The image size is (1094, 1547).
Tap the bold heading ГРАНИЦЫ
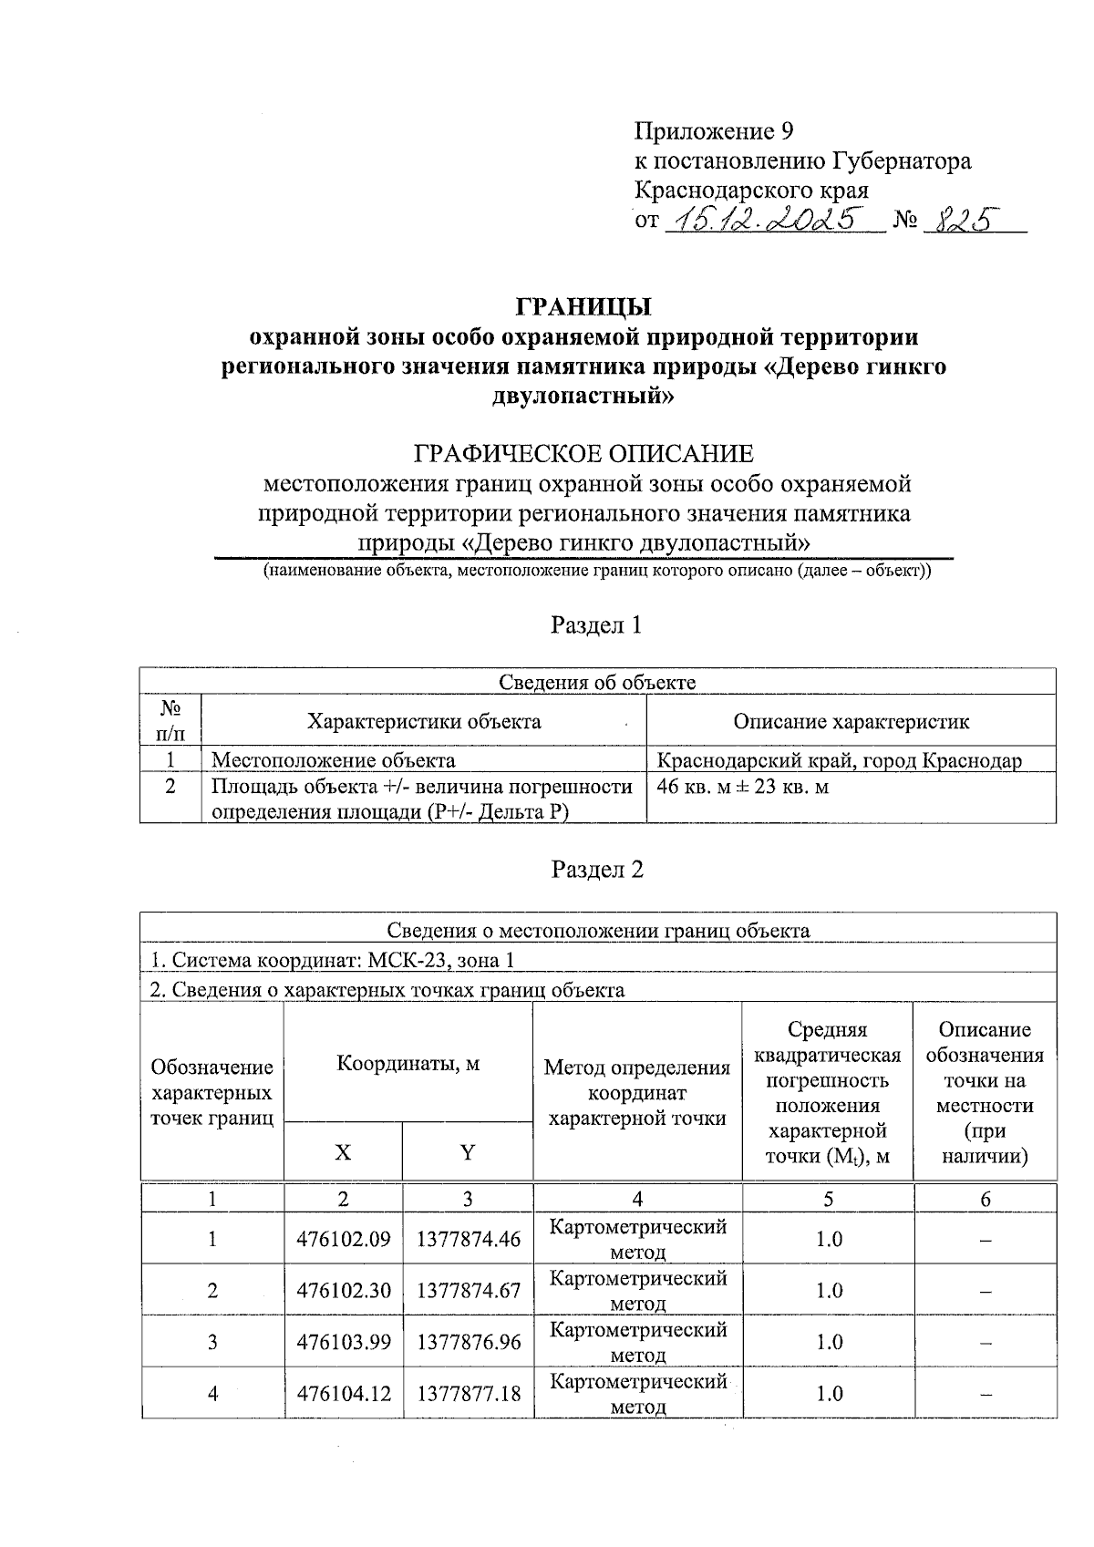584,305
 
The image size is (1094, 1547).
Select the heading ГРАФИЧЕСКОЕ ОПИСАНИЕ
584,453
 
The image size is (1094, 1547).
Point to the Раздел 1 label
597,625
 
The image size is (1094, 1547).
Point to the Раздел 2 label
597,870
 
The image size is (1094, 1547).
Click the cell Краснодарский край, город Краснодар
840,760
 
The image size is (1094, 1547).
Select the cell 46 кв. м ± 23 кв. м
743,787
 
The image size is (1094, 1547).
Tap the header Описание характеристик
851,722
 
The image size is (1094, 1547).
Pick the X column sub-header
343,1152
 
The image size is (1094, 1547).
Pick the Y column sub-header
468,1152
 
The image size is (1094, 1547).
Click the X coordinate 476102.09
343,1240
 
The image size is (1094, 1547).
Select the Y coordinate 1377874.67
468,1291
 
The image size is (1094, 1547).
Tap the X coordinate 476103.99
343,1342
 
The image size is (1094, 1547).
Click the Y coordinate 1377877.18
468,1394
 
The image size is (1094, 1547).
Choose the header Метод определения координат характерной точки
637,1092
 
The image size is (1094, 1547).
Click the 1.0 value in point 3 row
829,1342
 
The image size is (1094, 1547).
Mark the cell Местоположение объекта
334,760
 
